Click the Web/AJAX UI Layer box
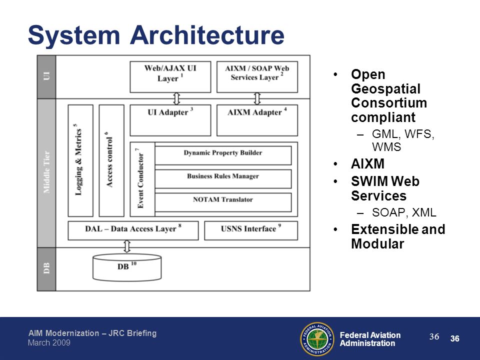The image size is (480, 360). click(x=170, y=77)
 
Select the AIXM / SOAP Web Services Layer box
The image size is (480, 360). click(x=257, y=77)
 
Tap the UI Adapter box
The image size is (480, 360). click(x=170, y=120)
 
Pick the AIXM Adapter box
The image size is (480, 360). click(x=257, y=120)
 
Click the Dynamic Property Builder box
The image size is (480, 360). click(x=223, y=155)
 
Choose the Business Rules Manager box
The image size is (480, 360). click(x=223, y=179)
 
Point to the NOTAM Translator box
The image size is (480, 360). click(x=223, y=202)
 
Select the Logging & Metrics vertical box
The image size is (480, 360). click(x=80, y=160)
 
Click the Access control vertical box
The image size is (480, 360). click(x=111, y=160)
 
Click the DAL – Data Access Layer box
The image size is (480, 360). click(x=133, y=230)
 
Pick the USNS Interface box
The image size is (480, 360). click(x=251, y=230)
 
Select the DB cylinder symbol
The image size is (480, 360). click(x=127, y=267)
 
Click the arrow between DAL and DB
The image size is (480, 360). click(x=127, y=246)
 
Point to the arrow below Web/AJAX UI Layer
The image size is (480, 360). click(x=176, y=99)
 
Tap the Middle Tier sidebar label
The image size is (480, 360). click(x=46, y=172)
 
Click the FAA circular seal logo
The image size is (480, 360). click(x=317, y=339)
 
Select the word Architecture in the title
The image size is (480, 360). click(x=207, y=35)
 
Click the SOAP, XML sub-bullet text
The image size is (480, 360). click(x=404, y=212)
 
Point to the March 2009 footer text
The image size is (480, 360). click(x=49, y=342)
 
